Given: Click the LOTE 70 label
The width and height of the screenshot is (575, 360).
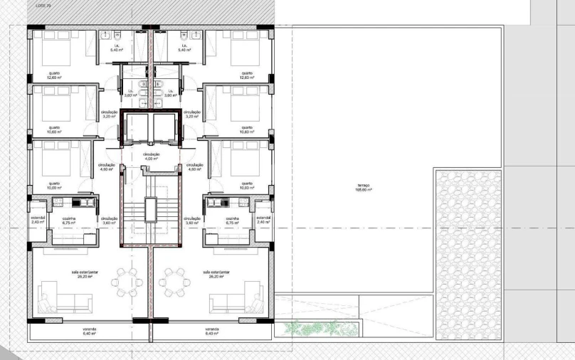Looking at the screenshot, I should (43, 5).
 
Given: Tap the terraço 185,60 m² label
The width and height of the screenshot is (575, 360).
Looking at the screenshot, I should (364, 189).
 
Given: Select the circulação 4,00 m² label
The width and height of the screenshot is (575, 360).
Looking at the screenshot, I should (151, 157).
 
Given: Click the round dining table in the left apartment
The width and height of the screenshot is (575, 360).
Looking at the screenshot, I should (126, 282).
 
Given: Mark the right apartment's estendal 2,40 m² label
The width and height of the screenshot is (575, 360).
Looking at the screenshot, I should (263, 220).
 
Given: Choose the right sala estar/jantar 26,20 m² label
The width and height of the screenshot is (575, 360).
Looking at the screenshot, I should (215, 274).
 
